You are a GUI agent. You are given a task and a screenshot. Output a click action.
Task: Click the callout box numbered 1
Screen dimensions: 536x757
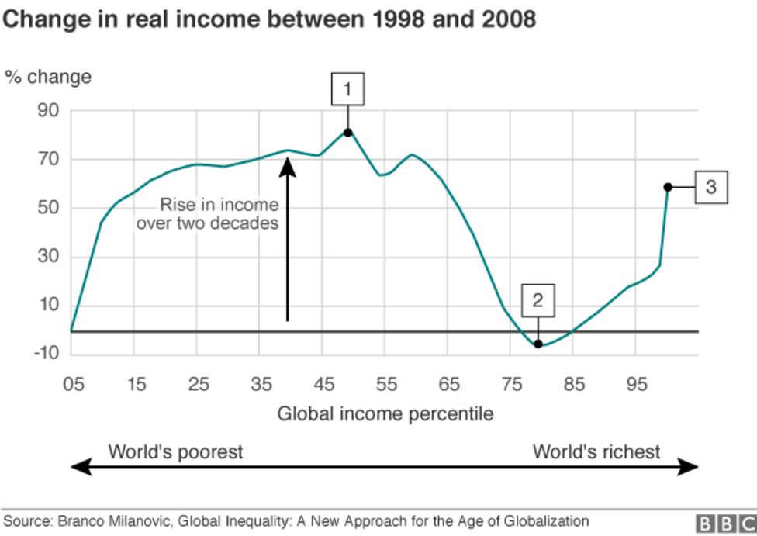click(347, 89)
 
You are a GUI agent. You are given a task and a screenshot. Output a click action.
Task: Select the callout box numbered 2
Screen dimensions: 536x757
click(538, 299)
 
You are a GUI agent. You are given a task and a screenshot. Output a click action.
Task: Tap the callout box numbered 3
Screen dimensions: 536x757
click(710, 187)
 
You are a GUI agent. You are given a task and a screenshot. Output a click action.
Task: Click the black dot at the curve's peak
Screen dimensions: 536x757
click(347, 133)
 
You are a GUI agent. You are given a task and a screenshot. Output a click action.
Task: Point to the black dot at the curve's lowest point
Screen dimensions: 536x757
click(538, 344)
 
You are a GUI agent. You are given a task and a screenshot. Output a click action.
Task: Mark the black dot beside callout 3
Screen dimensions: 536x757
click(668, 187)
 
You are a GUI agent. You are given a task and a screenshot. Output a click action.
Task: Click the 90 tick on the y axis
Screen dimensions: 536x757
click(48, 111)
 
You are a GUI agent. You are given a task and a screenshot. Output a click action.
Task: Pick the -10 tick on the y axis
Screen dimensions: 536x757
click(46, 354)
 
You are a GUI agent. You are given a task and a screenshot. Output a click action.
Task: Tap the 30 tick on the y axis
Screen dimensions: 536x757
click(48, 257)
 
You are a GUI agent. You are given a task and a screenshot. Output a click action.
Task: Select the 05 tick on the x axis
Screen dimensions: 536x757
click(71, 385)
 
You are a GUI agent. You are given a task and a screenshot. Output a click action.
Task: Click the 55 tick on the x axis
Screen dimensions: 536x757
click(386, 385)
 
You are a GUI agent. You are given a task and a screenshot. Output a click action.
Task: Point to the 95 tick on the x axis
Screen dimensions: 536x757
click(637, 385)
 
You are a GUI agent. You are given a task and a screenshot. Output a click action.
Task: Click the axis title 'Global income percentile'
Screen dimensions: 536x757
click(385, 413)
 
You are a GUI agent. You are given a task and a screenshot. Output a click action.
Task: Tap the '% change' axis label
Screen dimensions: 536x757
click(48, 77)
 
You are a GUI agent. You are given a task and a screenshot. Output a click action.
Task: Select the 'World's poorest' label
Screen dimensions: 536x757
click(175, 451)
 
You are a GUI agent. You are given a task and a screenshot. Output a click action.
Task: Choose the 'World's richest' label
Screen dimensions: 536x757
click(596, 451)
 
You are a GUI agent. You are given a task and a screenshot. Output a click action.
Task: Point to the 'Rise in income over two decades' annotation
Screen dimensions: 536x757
click(207, 214)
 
